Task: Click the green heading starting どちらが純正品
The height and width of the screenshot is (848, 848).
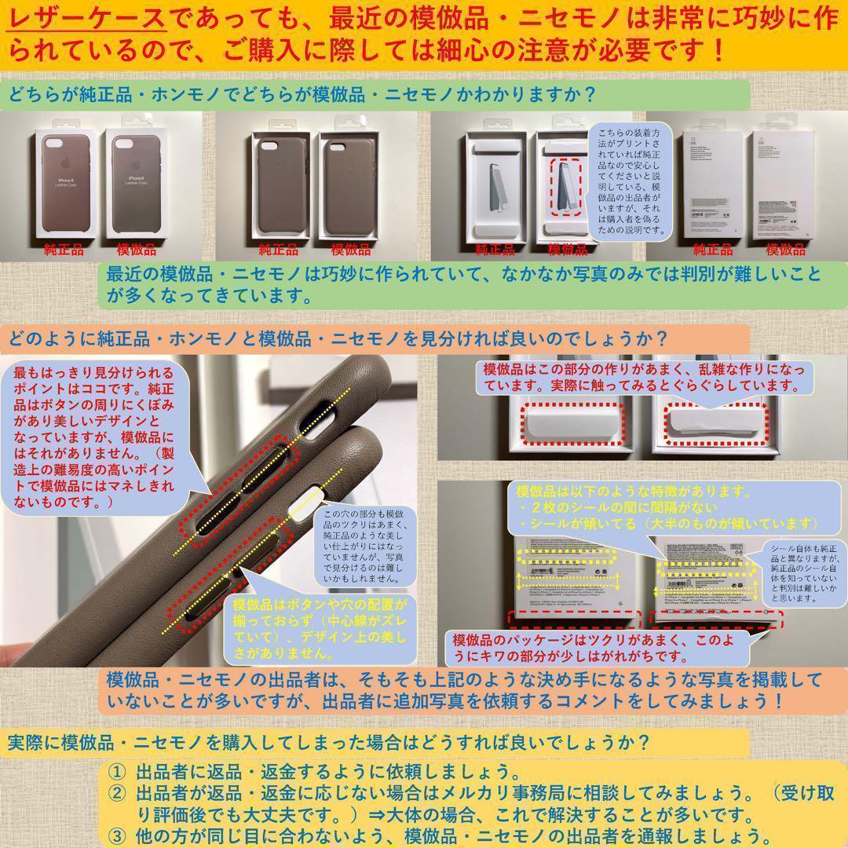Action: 302,96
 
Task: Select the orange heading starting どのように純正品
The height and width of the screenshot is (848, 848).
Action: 338,339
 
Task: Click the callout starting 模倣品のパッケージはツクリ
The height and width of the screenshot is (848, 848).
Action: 597,647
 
